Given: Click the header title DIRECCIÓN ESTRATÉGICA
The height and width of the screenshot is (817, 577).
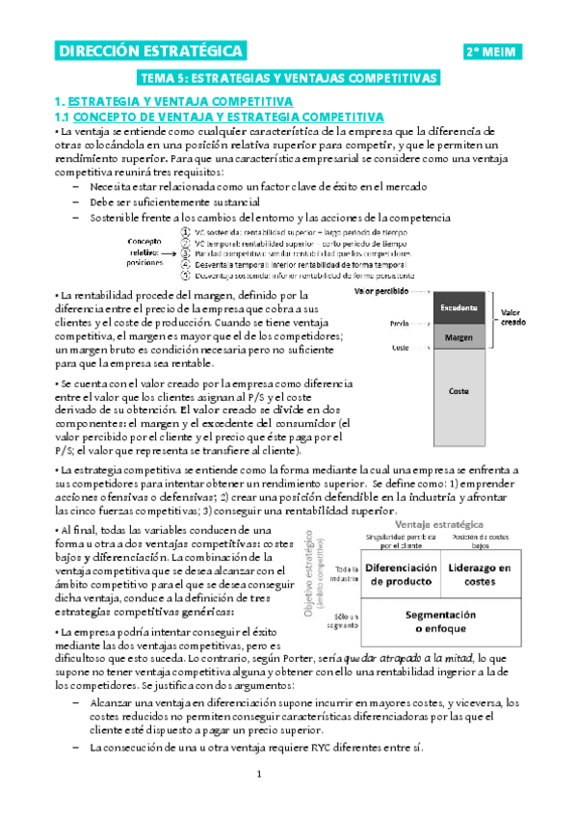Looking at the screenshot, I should [149, 52].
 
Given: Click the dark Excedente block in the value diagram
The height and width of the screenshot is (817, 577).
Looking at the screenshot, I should [459, 308].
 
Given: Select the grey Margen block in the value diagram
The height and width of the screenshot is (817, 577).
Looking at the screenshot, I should [459, 337].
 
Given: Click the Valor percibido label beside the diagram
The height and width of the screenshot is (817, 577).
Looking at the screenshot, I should [381, 290].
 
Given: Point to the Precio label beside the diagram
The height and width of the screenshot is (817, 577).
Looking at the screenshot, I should [402, 326].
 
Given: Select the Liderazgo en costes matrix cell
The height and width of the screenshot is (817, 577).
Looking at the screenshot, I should [479, 574].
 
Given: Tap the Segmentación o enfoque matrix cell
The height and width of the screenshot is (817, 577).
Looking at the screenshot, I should [440, 621].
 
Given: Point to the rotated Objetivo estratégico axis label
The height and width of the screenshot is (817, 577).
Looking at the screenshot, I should [315, 575].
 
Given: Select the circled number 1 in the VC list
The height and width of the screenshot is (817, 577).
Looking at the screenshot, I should [184, 232].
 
